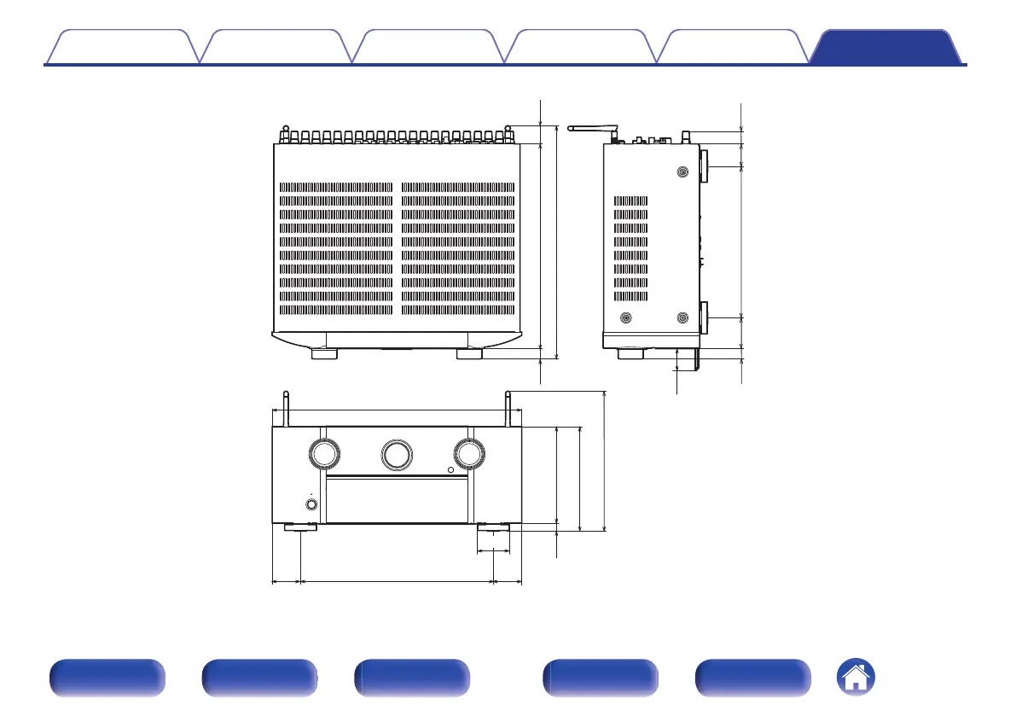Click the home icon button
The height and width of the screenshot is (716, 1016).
(x=856, y=678)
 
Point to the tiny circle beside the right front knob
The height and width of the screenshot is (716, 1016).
(x=450, y=471)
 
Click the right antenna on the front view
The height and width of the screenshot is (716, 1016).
(x=508, y=409)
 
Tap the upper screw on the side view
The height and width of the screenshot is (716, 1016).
(x=682, y=172)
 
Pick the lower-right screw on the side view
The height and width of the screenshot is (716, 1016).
(x=682, y=318)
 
